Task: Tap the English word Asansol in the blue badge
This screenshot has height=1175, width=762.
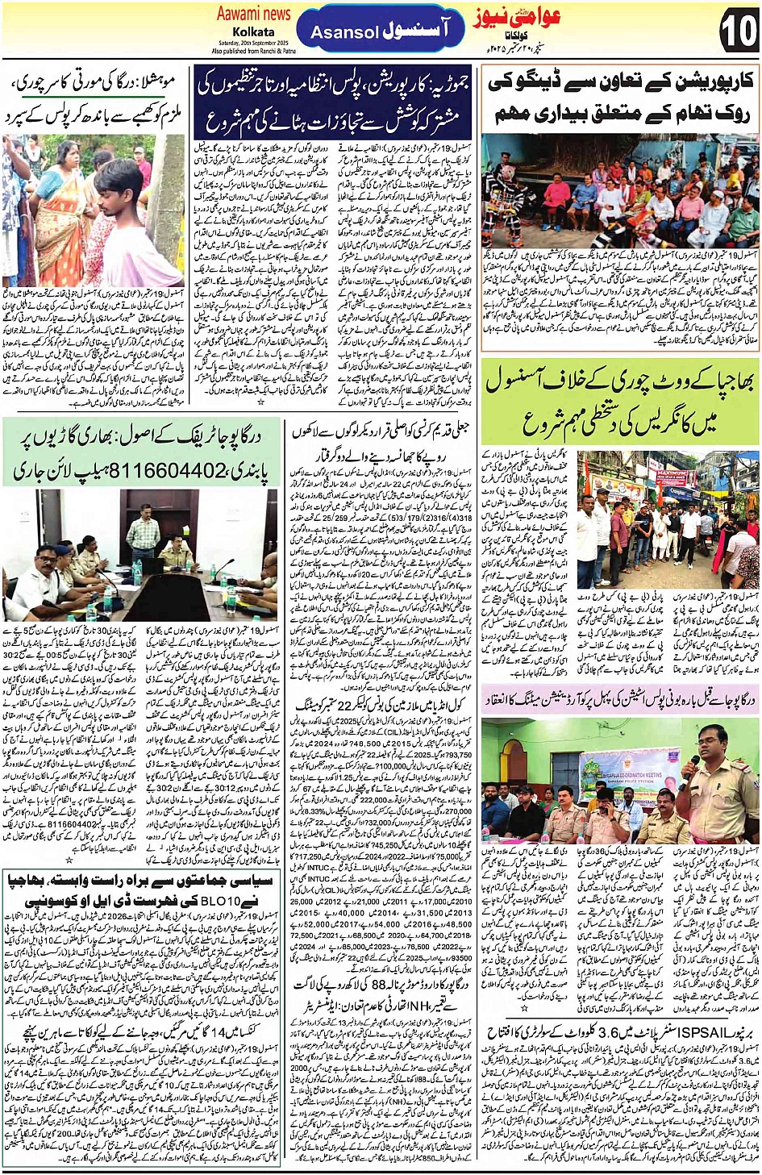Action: (x=344, y=33)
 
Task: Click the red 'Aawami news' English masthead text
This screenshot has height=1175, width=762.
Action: (x=253, y=14)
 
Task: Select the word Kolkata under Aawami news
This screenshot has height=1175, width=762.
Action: (x=253, y=32)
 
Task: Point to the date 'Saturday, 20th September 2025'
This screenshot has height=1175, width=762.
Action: (x=253, y=43)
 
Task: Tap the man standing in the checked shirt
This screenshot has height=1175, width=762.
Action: (x=144, y=531)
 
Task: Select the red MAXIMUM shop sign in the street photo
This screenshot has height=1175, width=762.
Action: (x=672, y=474)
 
